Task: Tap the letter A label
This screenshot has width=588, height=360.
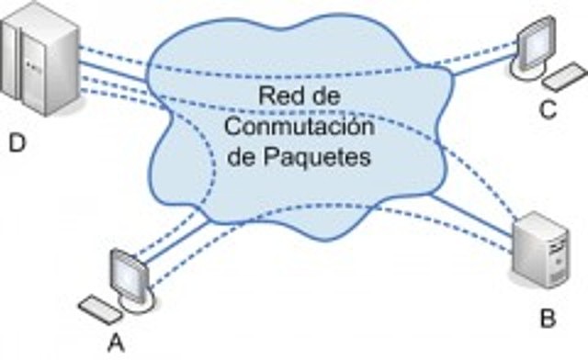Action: point(116,342)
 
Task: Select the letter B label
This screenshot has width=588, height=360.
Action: point(548,319)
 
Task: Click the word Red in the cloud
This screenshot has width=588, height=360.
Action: point(280,96)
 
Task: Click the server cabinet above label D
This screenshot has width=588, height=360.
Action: point(36,61)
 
